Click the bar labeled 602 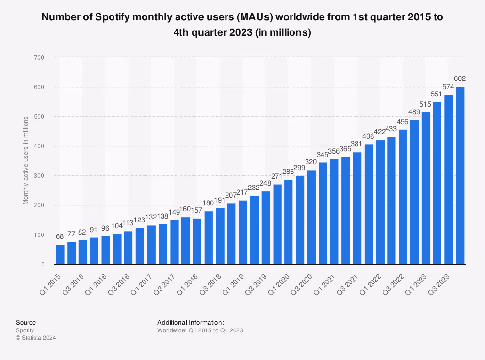[460, 175]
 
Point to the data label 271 [277, 175]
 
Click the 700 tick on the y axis [39, 58]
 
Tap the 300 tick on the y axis [39, 176]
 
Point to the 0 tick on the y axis [43, 265]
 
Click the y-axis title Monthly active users [26, 159]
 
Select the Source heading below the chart [26, 322]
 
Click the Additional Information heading [190, 322]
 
